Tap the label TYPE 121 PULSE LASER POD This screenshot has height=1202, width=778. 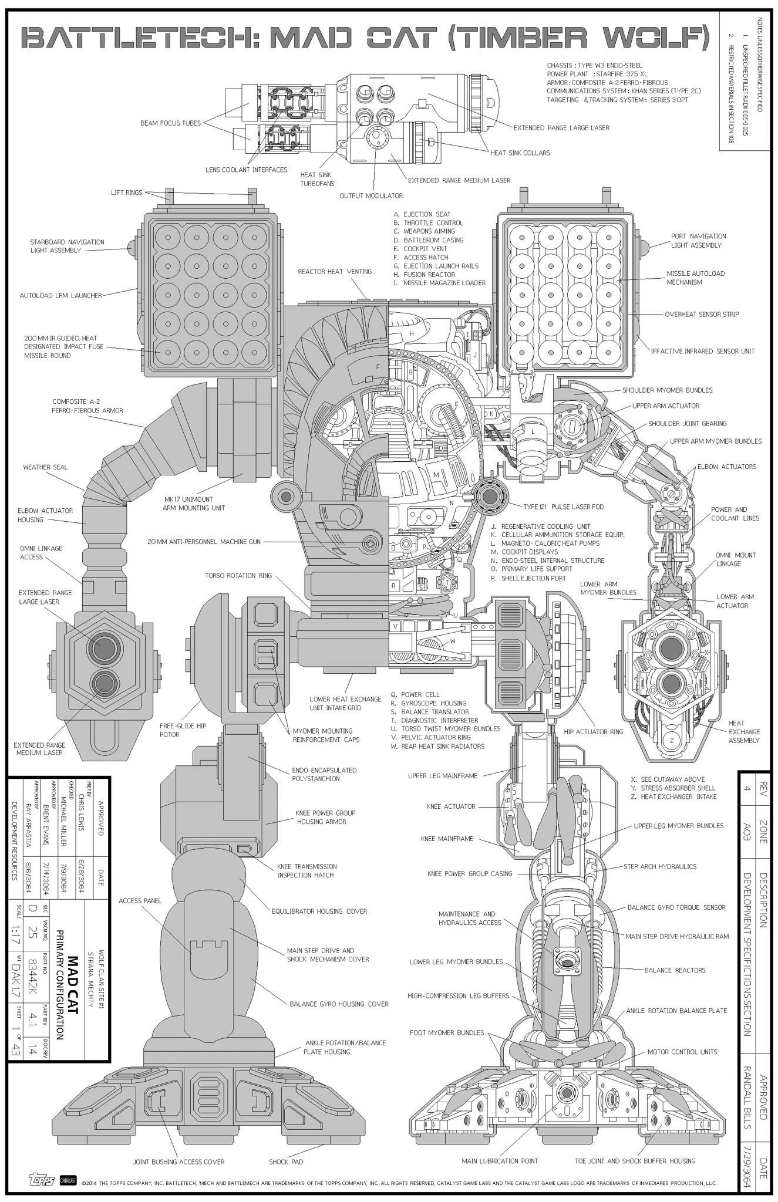point(563,507)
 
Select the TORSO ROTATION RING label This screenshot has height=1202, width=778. point(238,575)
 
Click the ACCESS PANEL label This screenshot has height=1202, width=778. point(140,900)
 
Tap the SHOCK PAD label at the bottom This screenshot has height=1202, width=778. point(286,1162)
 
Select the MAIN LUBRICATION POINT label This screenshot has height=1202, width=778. point(500,1161)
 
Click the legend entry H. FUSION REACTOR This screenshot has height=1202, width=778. point(425,275)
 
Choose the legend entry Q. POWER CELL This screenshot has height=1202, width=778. point(416,694)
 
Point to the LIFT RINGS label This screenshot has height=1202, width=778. point(127,193)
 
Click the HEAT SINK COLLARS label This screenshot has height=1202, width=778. point(520,153)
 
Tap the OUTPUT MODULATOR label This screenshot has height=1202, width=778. point(371,195)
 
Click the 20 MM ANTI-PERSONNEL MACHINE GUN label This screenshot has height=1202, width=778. point(204,542)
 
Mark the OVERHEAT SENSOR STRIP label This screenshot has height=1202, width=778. point(702,315)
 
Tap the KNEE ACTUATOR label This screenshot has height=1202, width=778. point(451,806)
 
